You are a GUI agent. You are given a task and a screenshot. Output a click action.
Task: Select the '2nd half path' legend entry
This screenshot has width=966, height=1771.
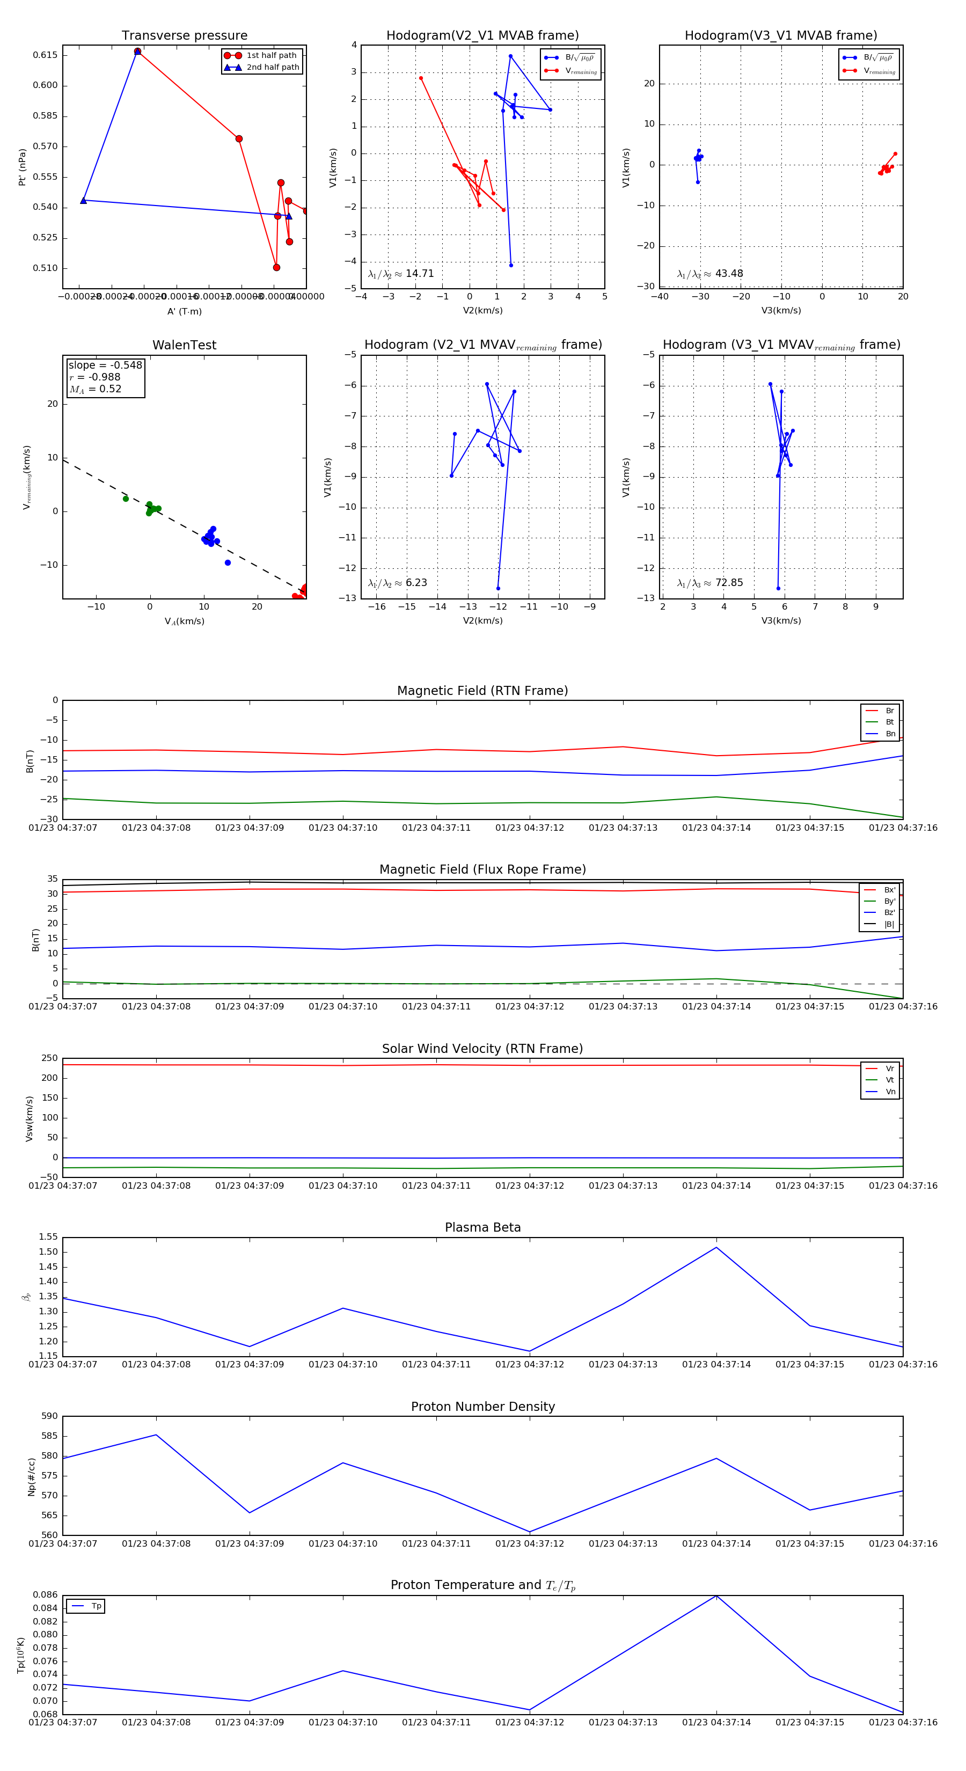pyautogui.click(x=272, y=68)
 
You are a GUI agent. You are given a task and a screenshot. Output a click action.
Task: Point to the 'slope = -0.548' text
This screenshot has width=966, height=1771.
pyautogui.click(x=105, y=365)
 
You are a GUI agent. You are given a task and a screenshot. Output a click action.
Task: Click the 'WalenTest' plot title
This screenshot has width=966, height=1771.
pyautogui.click(x=184, y=345)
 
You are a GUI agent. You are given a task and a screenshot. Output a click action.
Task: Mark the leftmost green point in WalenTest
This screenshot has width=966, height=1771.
pyautogui.click(x=126, y=499)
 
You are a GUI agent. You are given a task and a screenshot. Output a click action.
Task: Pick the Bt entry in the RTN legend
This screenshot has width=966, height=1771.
pyautogui.click(x=889, y=722)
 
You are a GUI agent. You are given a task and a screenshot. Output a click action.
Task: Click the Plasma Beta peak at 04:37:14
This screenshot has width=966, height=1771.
pyautogui.click(x=716, y=1247)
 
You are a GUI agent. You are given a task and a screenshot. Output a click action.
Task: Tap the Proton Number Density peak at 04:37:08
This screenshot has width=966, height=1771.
pyautogui.click(x=156, y=1435)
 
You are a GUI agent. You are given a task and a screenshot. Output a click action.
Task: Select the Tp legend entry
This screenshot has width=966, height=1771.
pyautogui.click(x=96, y=1606)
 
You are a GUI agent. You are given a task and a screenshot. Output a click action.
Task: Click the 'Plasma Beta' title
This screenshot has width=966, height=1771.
pyautogui.click(x=482, y=1227)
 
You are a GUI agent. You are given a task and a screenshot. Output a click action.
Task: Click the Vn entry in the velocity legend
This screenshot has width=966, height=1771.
pyautogui.click(x=890, y=1092)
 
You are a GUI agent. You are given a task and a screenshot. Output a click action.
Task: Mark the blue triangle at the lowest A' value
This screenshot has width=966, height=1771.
pyautogui.click(x=84, y=201)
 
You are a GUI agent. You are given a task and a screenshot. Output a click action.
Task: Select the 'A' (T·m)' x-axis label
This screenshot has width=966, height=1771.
pyautogui.click(x=184, y=311)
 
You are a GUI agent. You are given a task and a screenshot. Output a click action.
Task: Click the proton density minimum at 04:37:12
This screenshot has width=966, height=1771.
pyautogui.click(x=529, y=1532)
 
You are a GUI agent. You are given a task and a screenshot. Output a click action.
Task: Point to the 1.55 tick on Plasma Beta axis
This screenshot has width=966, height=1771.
pyautogui.click(x=48, y=1237)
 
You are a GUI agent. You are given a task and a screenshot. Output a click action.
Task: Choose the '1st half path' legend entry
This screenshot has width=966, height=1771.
pyautogui.click(x=271, y=56)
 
